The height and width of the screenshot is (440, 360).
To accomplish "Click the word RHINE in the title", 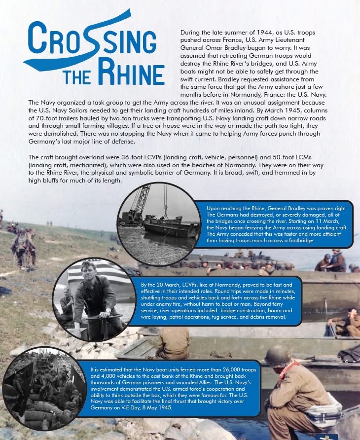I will (131, 74).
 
